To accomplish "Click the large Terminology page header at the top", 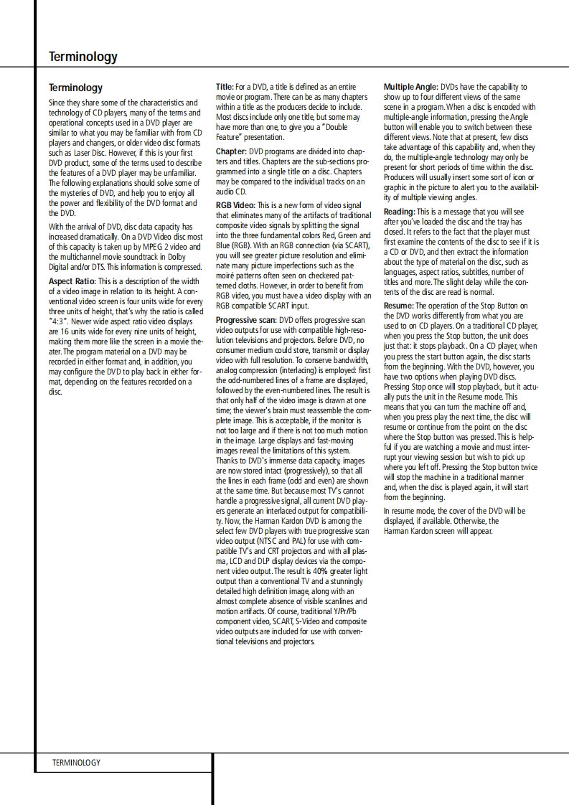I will tap(83, 57).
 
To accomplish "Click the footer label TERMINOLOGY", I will tap(76, 762).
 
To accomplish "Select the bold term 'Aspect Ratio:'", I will tap(72, 281).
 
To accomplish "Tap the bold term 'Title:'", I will tap(225, 87).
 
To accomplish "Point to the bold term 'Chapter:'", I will tap(231, 152).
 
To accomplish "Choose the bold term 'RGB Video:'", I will tap(235, 205).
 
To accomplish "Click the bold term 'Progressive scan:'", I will tap(246, 320).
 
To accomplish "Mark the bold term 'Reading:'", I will tap(399, 212).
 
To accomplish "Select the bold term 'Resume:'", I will tap(398, 306).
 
